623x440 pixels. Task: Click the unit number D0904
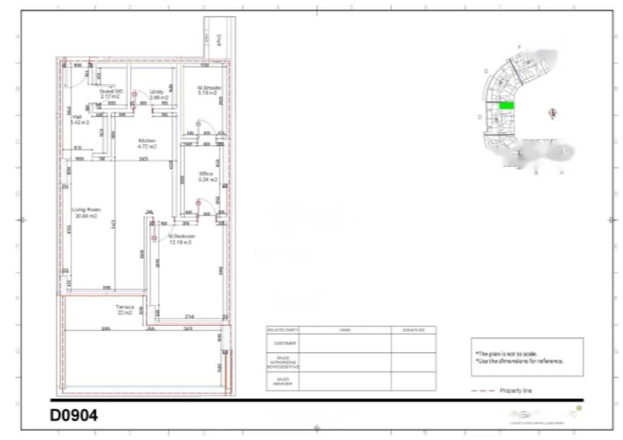(74, 416)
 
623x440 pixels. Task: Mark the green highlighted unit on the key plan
(506, 106)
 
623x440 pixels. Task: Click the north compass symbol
(552, 113)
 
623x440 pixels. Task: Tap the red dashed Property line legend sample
(482, 391)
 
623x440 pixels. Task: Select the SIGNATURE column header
(413, 330)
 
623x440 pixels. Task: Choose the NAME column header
(345, 330)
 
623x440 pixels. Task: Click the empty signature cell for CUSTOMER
(413, 343)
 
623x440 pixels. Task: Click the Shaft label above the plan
(217, 39)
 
